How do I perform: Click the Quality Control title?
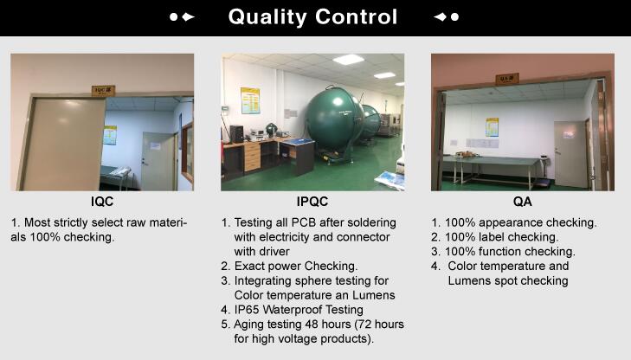tap(312, 17)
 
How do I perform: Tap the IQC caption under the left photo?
tap(102, 201)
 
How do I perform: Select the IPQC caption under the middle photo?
tap(312, 201)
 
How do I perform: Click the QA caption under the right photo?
tap(522, 201)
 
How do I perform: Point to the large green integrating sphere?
tap(335, 119)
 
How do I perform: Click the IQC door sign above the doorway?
tap(103, 91)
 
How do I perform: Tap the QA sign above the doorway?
tap(506, 79)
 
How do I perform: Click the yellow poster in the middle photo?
tap(250, 100)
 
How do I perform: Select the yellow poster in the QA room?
tap(492, 127)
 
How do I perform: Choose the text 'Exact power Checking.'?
tap(296, 267)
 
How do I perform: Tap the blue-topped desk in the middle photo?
tap(297, 156)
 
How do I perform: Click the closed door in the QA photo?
tap(570, 154)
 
